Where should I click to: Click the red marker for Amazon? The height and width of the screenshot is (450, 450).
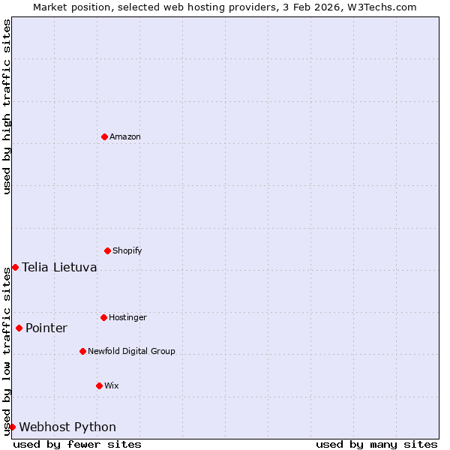click(104, 136)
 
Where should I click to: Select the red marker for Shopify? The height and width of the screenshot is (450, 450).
click(107, 250)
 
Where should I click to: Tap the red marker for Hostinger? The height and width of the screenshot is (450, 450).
click(103, 317)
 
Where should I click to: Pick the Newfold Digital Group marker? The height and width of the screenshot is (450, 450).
click(82, 351)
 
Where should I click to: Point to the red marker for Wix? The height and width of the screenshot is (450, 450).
click(99, 385)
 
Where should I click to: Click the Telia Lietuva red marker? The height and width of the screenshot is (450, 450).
click(15, 267)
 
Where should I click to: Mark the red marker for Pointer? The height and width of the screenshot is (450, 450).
click(19, 328)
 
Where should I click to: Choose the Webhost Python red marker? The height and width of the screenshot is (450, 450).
click(12, 427)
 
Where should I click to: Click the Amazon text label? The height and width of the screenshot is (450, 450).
click(125, 136)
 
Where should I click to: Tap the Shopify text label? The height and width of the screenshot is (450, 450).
click(127, 250)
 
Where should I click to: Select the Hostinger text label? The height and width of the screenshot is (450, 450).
click(127, 317)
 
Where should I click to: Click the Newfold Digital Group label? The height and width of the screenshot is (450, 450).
click(131, 351)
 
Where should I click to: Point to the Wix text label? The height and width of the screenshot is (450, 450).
click(112, 385)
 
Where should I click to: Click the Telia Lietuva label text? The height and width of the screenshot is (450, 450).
click(59, 267)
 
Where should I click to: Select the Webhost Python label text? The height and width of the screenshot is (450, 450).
click(67, 427)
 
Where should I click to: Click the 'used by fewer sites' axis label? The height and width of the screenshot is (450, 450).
click(77, 444)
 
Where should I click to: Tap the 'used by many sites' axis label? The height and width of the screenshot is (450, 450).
click(376, 444)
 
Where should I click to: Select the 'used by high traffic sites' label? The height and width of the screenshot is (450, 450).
click(7, 106)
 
